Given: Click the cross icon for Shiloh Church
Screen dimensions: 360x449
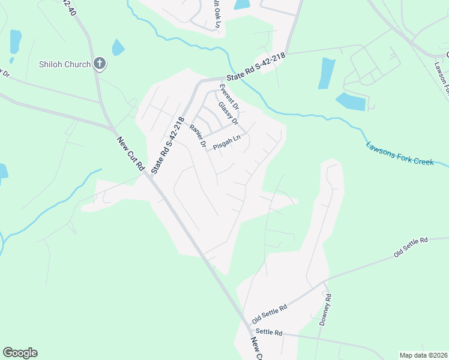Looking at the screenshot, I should tap(100, 64).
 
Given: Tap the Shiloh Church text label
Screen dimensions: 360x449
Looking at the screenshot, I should tap(64, 64).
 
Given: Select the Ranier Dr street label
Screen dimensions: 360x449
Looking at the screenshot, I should tap(197, 136).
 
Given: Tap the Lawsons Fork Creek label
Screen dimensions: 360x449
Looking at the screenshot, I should tap(407, 154).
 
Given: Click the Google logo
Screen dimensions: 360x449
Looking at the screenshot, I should tap(20, 353).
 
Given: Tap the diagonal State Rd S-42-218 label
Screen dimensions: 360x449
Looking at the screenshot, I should tap(167, 146).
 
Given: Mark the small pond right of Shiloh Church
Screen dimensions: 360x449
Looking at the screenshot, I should tap(118, 47).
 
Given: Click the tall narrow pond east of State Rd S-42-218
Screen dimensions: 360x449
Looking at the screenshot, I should tap(327, 73).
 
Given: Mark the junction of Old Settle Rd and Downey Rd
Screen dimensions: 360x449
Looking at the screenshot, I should tap(325, 281).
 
